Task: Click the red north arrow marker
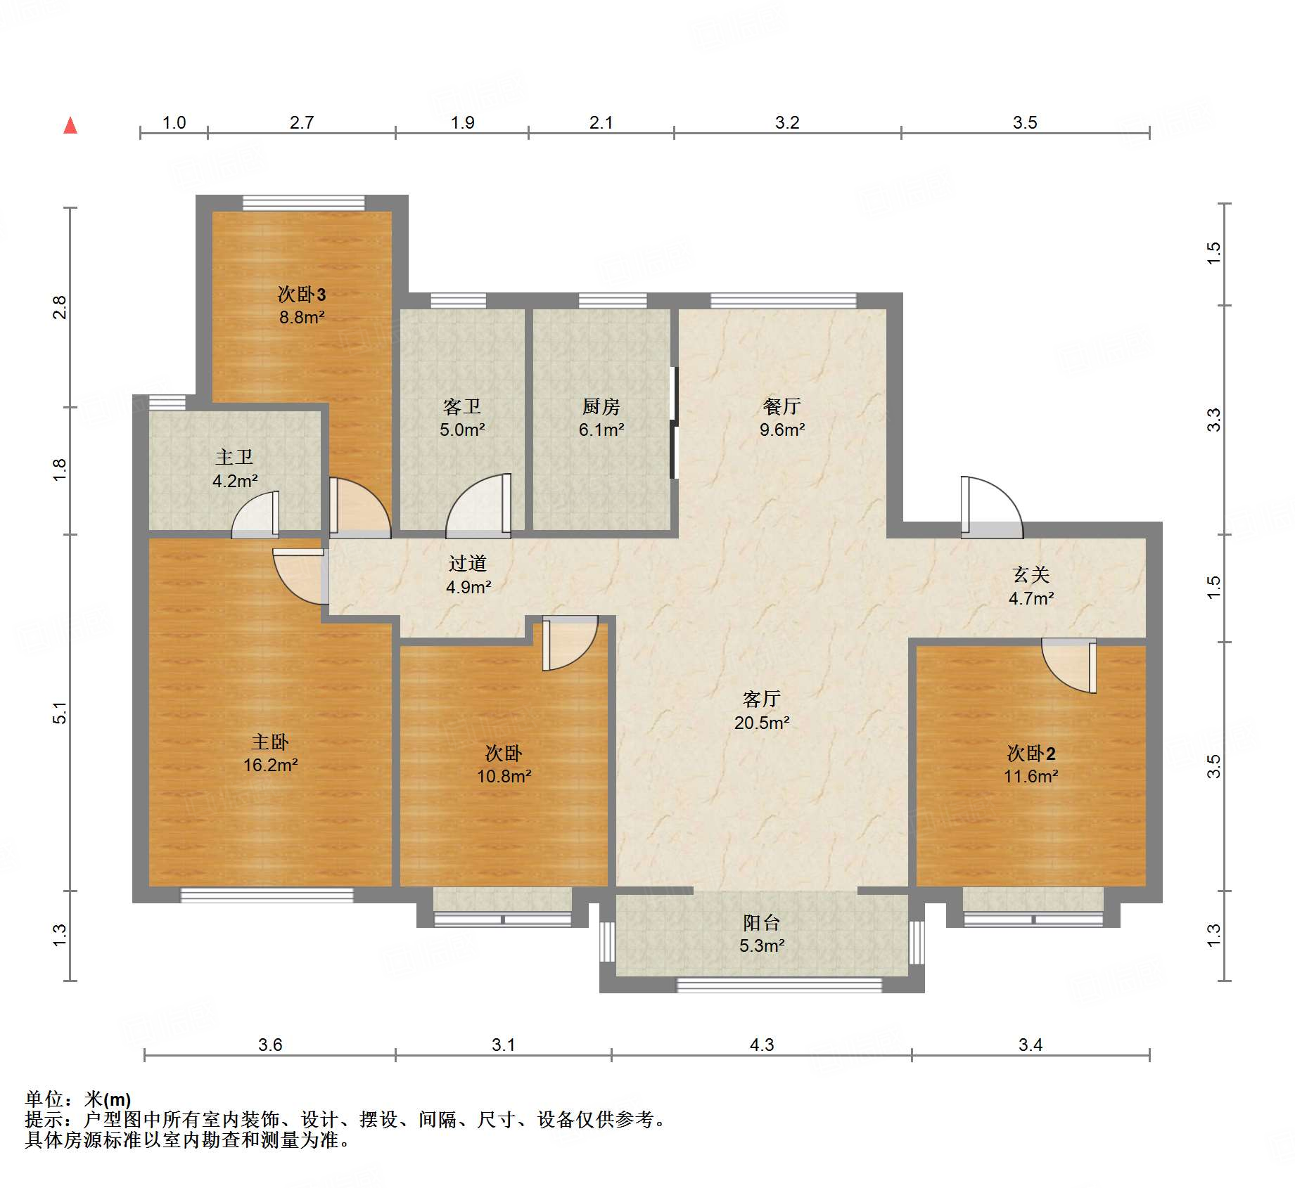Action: [x=70, y=126]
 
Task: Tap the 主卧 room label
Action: [x=270, y=742]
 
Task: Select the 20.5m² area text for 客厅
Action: [x=761, y=723]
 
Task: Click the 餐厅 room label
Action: [x=782, y=406]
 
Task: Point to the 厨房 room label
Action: [x=601, y=406]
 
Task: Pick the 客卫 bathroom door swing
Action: [x=479, y=506]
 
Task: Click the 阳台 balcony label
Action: [x=761, y=922]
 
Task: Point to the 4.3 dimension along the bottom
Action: [x=761, y=1045]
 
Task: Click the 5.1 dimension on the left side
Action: [x=60, y=712]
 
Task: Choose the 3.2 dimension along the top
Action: [x=786, y=123]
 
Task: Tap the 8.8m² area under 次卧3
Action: [x=302, y=317]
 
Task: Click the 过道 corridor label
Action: [x=467, y=563]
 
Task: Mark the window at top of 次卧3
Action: [x=304, y=203]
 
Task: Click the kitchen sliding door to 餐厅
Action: [x=673, y=422]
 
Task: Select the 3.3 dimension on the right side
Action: [x=1214, y=420]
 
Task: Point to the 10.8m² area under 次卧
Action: [x=504, y=776]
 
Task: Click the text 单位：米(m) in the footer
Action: [x=78, y=1099]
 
